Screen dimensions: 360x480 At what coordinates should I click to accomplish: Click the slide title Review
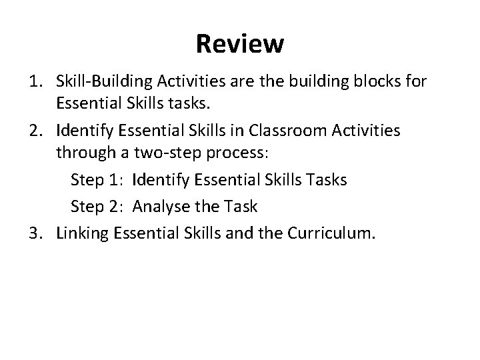[x=240, y=45]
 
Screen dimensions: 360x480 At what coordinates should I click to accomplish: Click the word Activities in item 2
[x=363, y=131]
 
